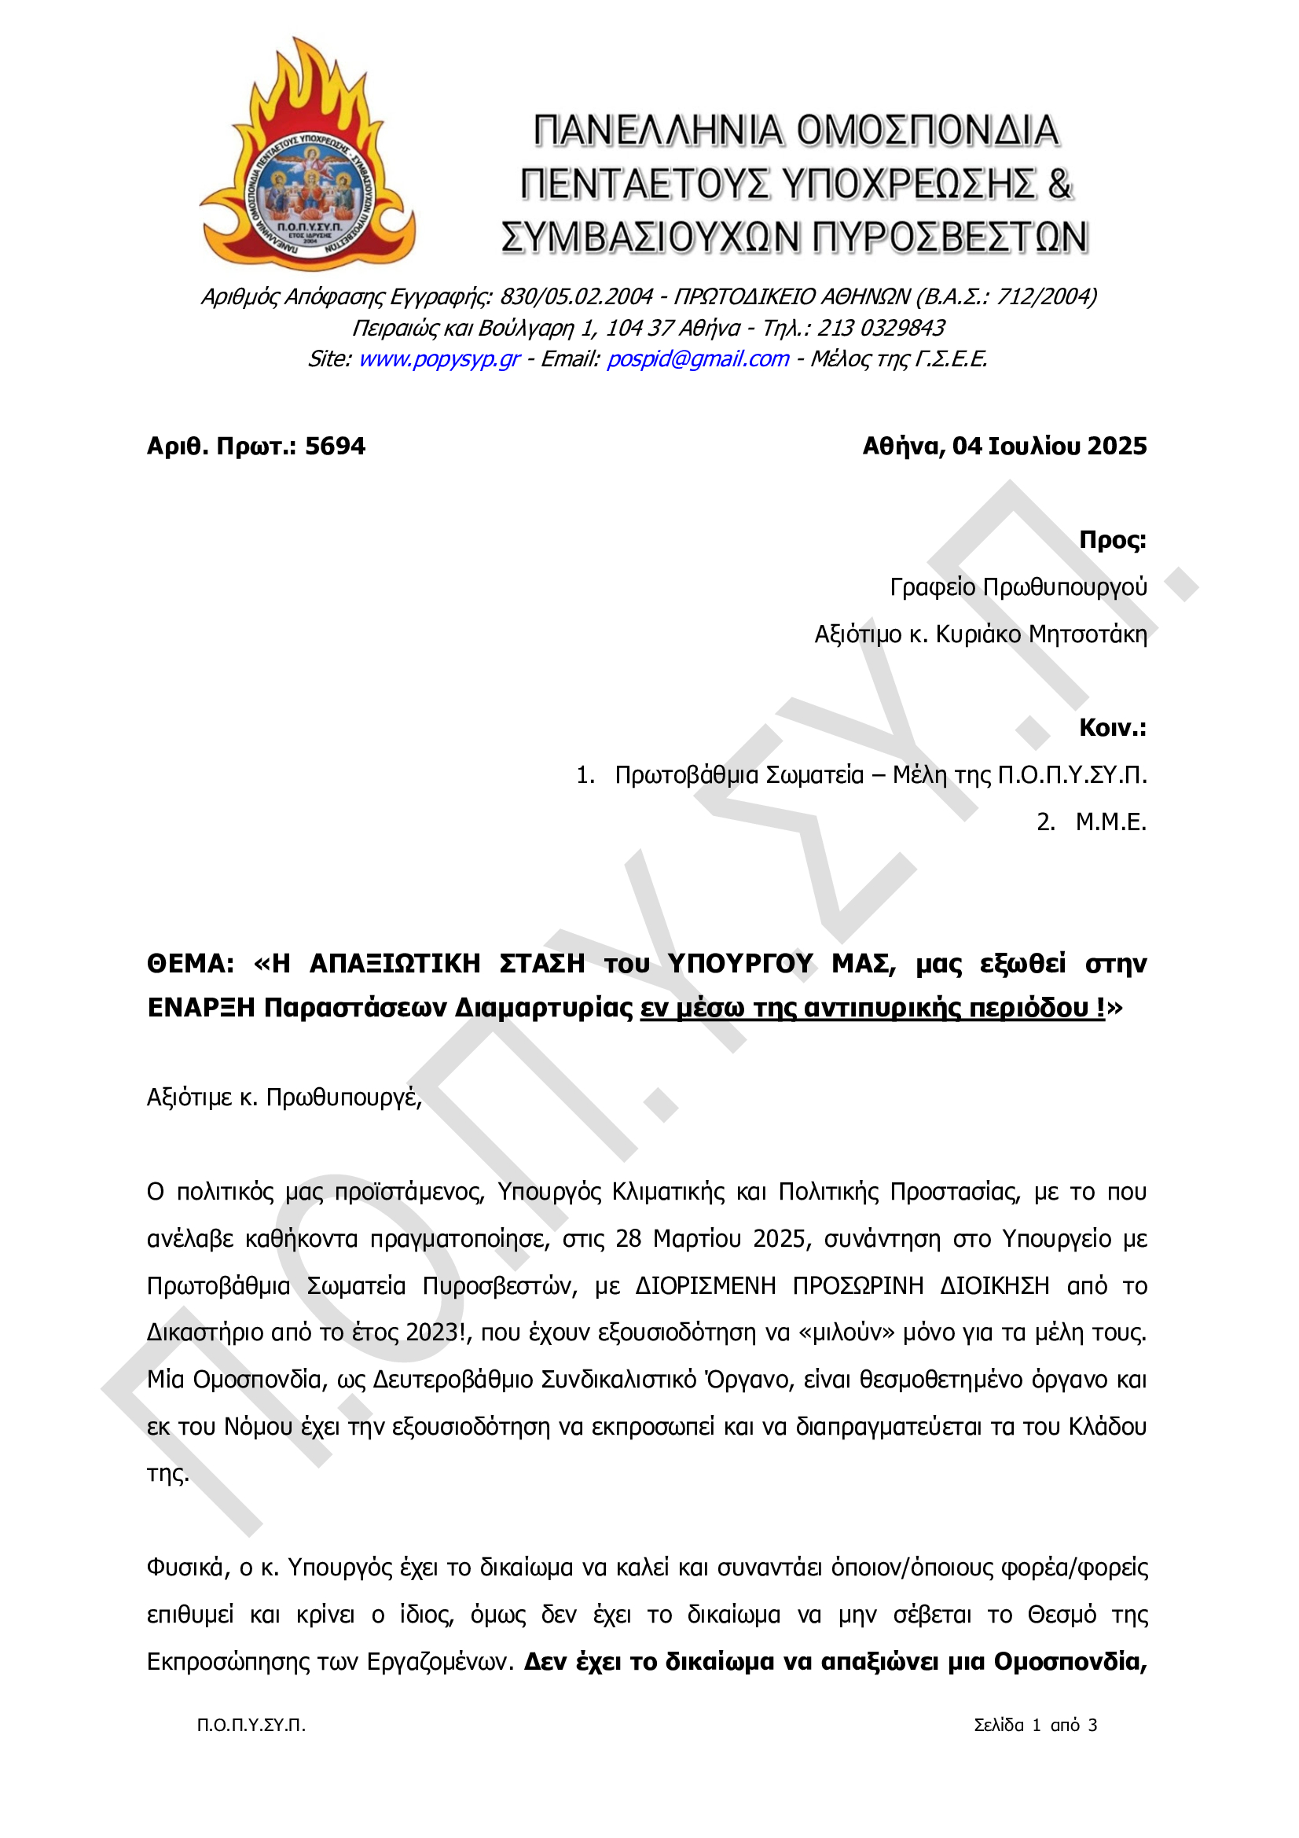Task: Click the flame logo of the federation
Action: point(307,160)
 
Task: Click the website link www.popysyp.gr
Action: point(439,358)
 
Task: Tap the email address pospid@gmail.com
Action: point(698,358)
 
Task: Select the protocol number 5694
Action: point(336,446)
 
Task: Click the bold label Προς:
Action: point(1113,539)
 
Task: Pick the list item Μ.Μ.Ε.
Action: point(1111,822)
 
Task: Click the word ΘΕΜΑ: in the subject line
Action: point(190,963)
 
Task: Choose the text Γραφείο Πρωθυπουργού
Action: point(1018,586)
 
